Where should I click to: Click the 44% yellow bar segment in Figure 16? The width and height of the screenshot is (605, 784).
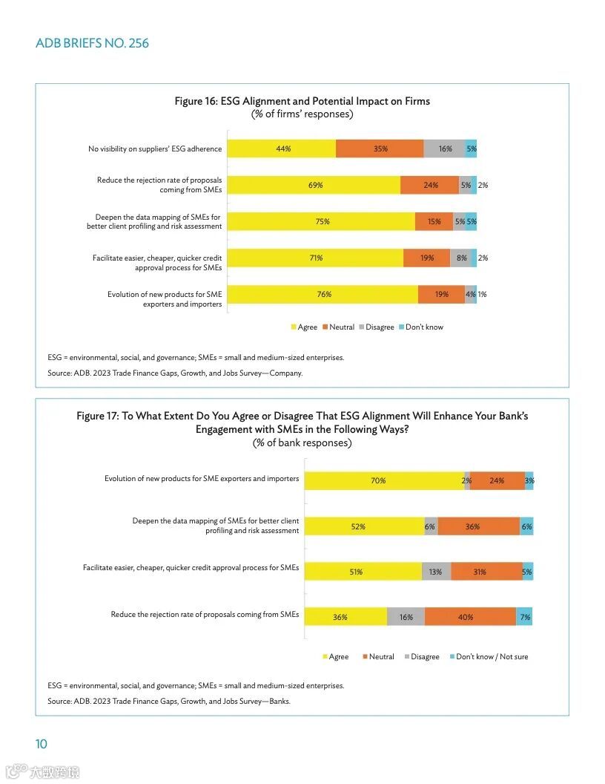281,148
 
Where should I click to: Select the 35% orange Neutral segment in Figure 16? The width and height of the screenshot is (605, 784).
380,148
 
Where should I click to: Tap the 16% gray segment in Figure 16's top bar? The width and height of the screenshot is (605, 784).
444,148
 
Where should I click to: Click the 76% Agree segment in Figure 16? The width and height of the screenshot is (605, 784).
323,294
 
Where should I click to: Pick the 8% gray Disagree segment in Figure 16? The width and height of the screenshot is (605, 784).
460,258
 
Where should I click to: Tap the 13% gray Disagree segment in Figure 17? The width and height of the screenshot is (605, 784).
436,572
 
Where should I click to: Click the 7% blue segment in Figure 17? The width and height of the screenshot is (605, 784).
524,617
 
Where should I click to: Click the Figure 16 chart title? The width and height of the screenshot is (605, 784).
302,101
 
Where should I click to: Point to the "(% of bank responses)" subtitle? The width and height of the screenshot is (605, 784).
302,443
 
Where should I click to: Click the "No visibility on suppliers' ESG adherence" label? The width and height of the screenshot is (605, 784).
155,149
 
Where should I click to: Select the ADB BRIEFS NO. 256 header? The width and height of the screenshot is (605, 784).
92,43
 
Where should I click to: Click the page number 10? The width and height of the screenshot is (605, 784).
42,744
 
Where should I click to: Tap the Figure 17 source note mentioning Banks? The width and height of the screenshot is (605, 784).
169,701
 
